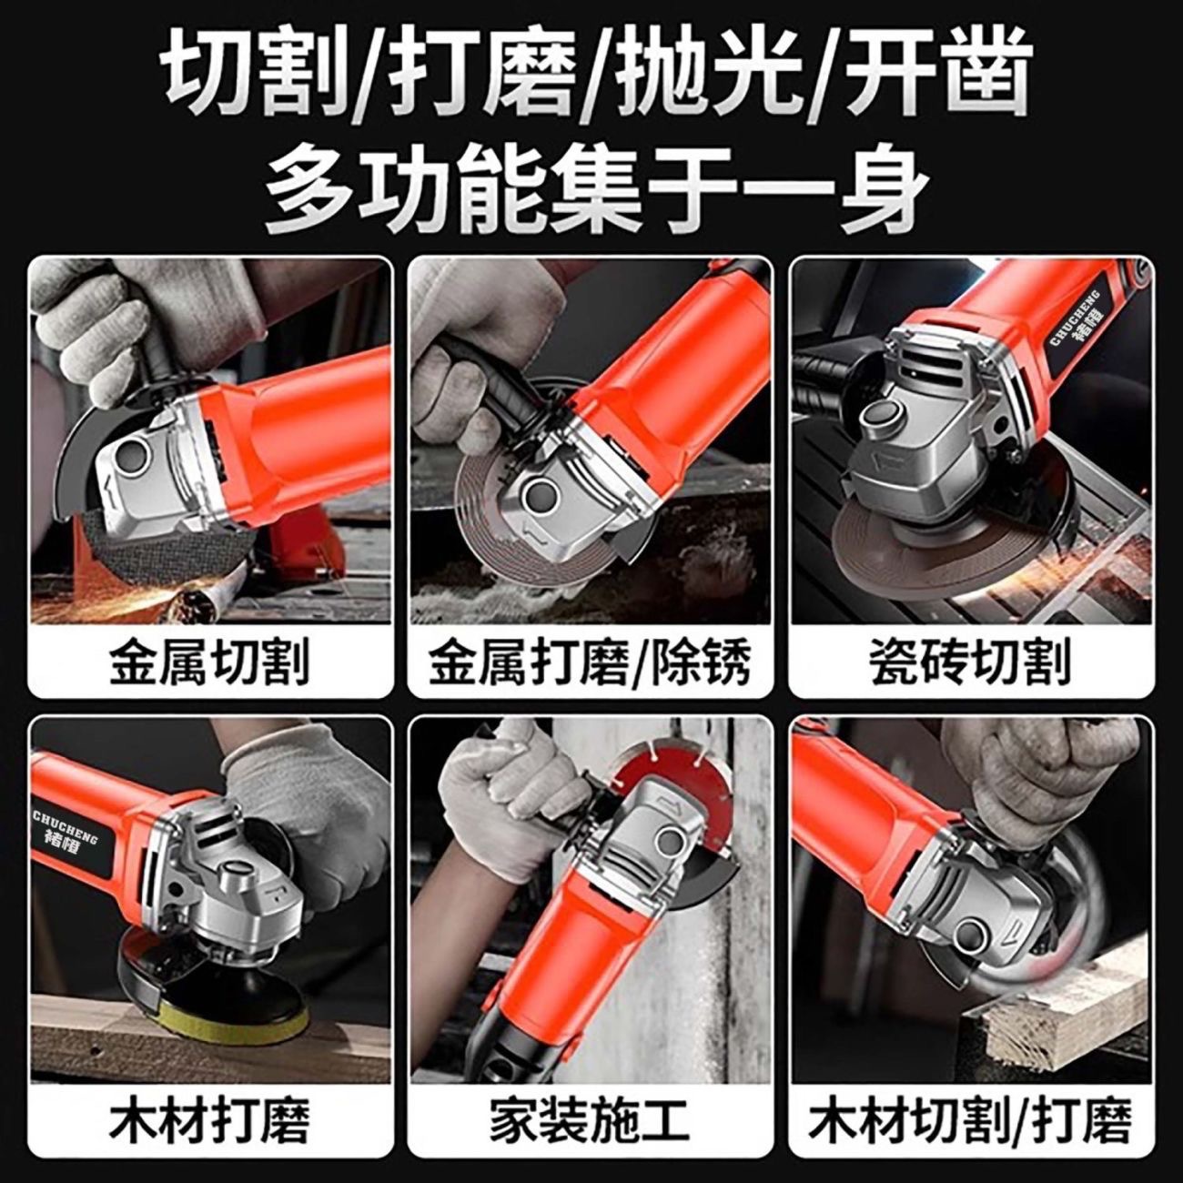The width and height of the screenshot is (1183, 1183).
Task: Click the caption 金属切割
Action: point(209,662)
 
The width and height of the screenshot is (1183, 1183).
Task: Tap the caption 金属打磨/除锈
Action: point(590,662)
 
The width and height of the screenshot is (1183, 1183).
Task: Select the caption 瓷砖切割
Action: point(970,662)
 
